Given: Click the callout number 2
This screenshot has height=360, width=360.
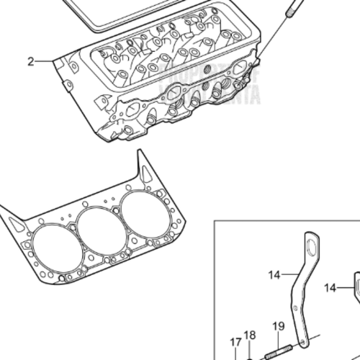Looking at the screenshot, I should (31, 62).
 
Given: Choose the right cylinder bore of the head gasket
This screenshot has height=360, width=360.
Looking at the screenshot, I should (143, 215).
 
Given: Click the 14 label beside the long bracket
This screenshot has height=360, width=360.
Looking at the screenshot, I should (274, 274).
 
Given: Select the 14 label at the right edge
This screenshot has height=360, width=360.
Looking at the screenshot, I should (330, 287).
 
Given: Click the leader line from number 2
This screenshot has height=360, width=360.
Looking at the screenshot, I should (47, 61).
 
